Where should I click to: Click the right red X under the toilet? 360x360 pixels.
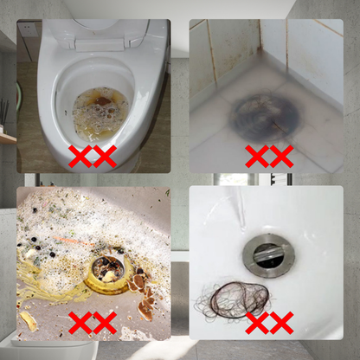pyautogui.click(x=105, y=157)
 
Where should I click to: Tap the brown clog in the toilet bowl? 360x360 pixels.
pyautogui.click(x=100, y=112)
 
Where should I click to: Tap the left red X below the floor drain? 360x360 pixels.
pyautogui.click(x=256, y=157)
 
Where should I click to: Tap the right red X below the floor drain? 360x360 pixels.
pyautogui.click(x=280, y=157)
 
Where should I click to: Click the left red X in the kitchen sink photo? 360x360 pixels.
pyautogui.click(x=80, y=324)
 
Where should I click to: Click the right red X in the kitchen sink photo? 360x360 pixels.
pyautogui.click(x=105, y=324)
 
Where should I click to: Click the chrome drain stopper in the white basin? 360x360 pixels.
pyautogui.click(x=267, y=252)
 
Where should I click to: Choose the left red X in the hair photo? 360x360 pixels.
pyautogui.click(x=256, y=324)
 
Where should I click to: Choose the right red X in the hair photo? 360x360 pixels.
pyautogui.click(x=280, y=324)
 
